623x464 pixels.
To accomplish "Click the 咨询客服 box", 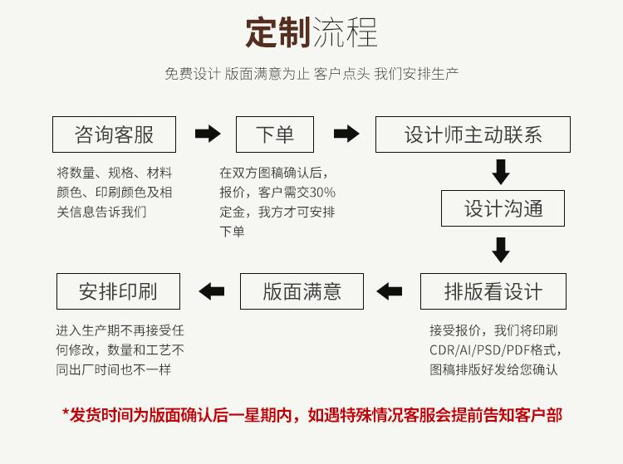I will (x=115, y=134).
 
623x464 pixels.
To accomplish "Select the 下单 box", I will (x=275, y=134).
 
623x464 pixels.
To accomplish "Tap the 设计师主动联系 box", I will (x=473, y=134).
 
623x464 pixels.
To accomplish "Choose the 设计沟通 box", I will (x=503, y=208).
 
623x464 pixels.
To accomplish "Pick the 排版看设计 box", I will (x=493, y=291).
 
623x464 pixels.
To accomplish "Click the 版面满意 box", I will (x=302, y=291).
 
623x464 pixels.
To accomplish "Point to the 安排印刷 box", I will (x=118, y=291).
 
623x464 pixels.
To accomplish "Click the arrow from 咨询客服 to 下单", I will (x=207, y=134).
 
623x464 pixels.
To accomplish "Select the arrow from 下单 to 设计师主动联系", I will (x=346, y=134).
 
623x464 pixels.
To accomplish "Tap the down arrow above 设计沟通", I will (x=500, y=171).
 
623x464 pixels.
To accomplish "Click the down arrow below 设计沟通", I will (x=500, y=249).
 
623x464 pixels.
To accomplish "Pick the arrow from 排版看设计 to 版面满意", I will (x=389, y=291).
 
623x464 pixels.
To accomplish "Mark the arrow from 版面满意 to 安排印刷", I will (x=212, y=291).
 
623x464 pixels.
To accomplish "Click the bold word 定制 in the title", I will (x=277, y=33).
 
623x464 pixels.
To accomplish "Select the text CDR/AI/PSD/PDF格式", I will (x=495, y=349).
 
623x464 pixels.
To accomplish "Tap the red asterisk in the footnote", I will (x=66, y=413).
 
